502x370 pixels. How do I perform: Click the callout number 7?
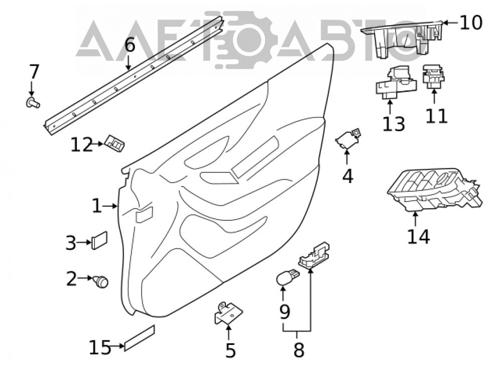point(34,72)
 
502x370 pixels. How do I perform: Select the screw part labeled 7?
point(33,103)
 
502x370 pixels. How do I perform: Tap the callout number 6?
point(130,45)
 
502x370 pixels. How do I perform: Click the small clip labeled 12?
point(114,143)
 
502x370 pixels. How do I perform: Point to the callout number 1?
point(97,206)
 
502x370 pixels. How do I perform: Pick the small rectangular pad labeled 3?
point(99,240)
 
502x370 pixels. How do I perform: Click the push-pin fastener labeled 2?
point(100,282)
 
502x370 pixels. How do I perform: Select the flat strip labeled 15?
point(139,338)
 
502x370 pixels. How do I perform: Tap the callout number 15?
point(100,347)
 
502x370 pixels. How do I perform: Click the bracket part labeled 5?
point(228,313)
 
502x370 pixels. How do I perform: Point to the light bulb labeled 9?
point(287,277)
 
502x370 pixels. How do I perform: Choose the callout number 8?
point(298,350)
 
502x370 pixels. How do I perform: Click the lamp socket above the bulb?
point(314,254)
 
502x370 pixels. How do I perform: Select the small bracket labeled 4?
point(348,139)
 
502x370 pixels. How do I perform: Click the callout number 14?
point(419,237)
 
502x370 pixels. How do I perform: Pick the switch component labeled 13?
point(396,83)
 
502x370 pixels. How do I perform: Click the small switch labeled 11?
point(434,77)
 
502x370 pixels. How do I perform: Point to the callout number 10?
point(471,23)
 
